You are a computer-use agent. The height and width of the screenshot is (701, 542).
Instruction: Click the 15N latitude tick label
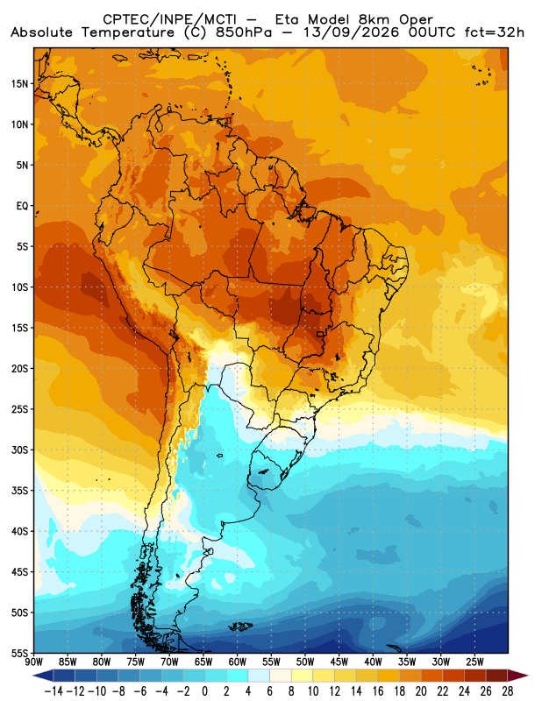click(19, 84)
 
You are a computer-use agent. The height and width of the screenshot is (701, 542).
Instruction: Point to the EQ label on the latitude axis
click(23, 206)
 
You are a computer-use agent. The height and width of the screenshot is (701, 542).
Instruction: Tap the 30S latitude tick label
click(19, 450)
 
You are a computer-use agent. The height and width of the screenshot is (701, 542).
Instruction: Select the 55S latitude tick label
click(19, 653)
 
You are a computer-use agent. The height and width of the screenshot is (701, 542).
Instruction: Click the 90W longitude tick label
click(33, 662)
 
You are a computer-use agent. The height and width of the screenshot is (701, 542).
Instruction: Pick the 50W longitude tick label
click(305, 662)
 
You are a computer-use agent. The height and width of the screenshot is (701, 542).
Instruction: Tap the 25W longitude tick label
click(474, 662)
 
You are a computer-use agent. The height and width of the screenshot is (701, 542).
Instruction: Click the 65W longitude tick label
click(203, 662)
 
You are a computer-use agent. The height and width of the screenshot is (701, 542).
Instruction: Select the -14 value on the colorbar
click(53, 691)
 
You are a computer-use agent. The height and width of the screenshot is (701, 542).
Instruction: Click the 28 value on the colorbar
click(508, 691)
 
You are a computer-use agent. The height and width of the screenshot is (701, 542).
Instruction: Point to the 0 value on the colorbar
click(205, 691)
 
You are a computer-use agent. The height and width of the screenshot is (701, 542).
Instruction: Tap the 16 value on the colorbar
click(378, 691)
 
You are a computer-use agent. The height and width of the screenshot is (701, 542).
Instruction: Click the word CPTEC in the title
click(121, 19)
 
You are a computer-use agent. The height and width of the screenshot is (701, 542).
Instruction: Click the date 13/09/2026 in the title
click(351, 32)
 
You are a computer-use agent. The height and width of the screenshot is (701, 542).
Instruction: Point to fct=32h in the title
click(494, 32)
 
